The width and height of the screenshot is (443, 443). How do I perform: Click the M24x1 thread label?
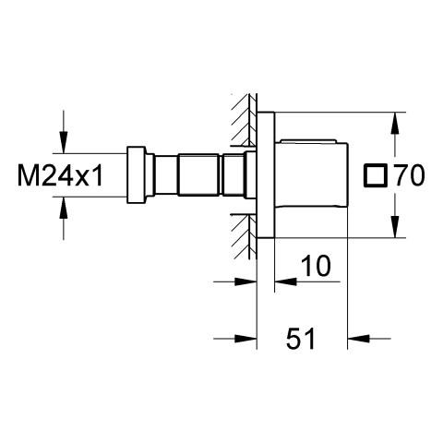point(60,175)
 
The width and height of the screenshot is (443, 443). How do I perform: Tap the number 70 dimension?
point(410,175)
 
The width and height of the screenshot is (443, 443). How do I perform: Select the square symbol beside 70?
point(375,175)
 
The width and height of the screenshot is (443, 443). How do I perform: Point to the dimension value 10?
point(316,265)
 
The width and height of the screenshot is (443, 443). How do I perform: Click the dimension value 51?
point(301,339)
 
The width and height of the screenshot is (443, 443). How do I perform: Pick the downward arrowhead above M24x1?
point(64,142)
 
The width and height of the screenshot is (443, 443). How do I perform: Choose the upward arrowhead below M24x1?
point(64,208)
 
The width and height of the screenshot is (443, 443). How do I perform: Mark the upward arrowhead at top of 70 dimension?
point(395,123)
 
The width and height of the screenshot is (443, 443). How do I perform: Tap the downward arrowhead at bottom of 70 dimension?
point(395,227)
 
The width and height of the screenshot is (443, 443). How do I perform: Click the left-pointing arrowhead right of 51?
point(358,339)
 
